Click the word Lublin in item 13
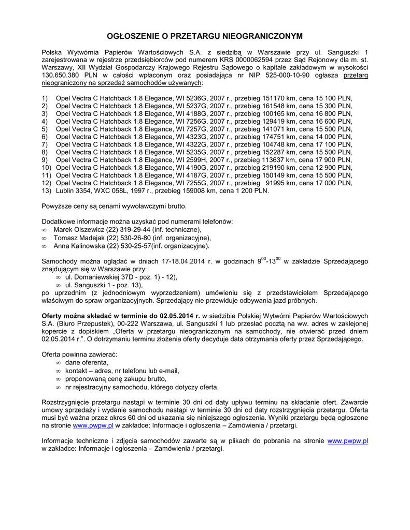tap(66, 190)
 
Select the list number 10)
tap(46, 168)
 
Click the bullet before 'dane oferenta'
tap(58, 363)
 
